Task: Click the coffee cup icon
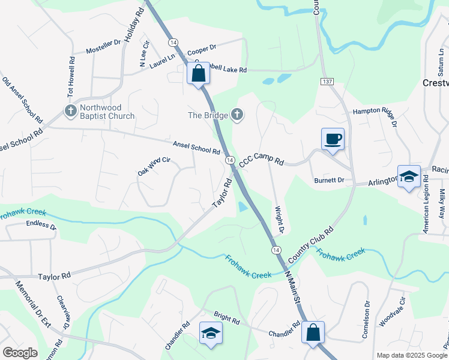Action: (333, 139)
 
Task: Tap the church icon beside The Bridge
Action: (237, 115)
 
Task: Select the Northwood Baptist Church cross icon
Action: (70, 111)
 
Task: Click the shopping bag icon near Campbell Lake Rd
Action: (199, 74)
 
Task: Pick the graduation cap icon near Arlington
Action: (409, 176)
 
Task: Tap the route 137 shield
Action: (327, 81)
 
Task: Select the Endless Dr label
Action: (41, 226)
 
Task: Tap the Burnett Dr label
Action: (329, 180)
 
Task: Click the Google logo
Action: (20, 352)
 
